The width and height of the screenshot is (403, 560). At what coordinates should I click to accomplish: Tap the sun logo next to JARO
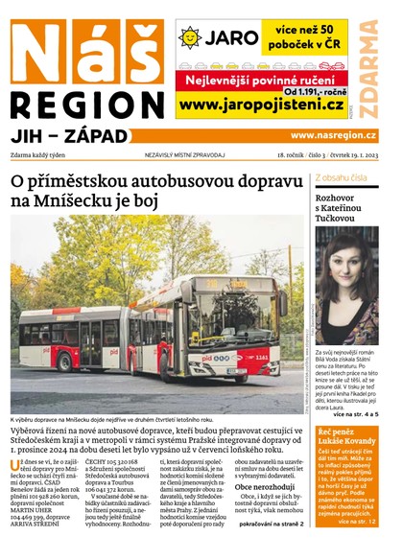(190, 36)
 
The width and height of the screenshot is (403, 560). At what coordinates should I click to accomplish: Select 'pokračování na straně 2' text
(272, 525)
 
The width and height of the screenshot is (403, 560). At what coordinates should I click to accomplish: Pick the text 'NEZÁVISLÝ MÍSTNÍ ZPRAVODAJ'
(184, 154)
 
